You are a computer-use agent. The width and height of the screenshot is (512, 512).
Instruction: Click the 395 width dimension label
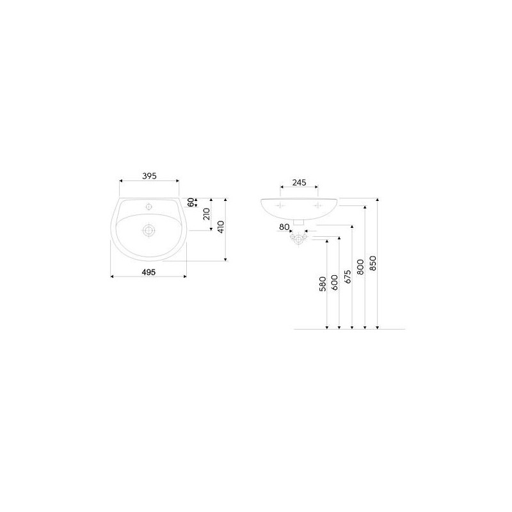click(x=149, y=176)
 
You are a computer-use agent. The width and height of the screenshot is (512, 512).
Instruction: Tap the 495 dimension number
click(x=148, y=272)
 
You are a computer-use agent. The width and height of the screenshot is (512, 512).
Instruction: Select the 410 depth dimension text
click(x=221, y=227)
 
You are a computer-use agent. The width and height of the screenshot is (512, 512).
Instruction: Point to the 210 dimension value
click(x=207, y=214)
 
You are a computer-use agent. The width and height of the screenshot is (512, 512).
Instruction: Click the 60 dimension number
click(x=191, y=202)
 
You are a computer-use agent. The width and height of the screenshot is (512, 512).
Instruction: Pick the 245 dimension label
click(x=299, y=182)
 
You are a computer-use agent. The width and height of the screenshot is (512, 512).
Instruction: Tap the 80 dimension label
click(x=284, y=227)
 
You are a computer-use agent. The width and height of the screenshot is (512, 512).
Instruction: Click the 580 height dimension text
click(x=323, y=284)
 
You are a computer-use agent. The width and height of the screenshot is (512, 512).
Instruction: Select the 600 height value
click(x=335, y=282)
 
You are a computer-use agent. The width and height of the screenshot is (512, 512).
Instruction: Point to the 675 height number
click(x=348, y=276)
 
